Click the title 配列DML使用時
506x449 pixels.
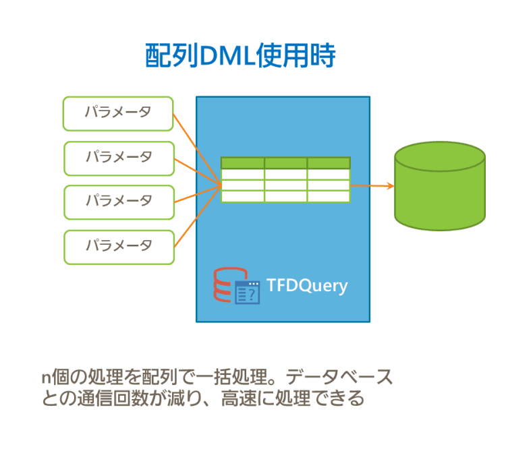click(240, 57)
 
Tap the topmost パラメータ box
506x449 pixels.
click(118, 113)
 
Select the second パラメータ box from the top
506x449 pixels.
click(119, 158)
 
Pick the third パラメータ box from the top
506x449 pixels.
click(119, 202)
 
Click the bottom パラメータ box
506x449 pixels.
click(119, 246)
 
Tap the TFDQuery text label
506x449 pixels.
click(307, 285)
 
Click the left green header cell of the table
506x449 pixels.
click(242, 162)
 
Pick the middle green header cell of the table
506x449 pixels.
click(285, 162)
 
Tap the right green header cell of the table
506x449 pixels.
click(329, 162)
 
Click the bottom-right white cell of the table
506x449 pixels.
click(329, 196)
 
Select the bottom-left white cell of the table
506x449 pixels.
click(242, 196)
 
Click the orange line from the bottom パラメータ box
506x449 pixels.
click(196, 216)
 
